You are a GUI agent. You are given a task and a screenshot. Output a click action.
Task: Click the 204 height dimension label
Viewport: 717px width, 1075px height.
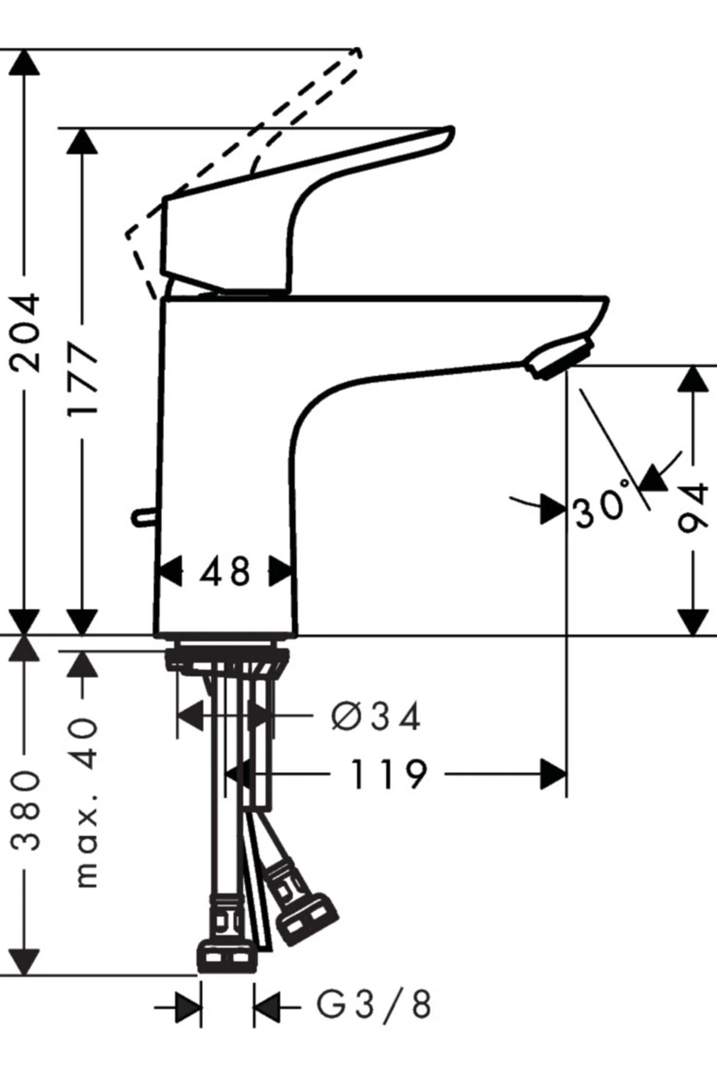pyautogui.click(x=26, y=333)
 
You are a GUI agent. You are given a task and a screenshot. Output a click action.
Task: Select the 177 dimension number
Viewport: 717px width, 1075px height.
pyautogui.click(x=82, y=379)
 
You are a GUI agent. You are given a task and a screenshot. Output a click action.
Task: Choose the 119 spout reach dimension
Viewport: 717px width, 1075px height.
pyautogui.click(x=388, y=774)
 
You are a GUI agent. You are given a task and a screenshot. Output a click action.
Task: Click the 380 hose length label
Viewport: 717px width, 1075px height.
pyautogui.click(x=26, y=810)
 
